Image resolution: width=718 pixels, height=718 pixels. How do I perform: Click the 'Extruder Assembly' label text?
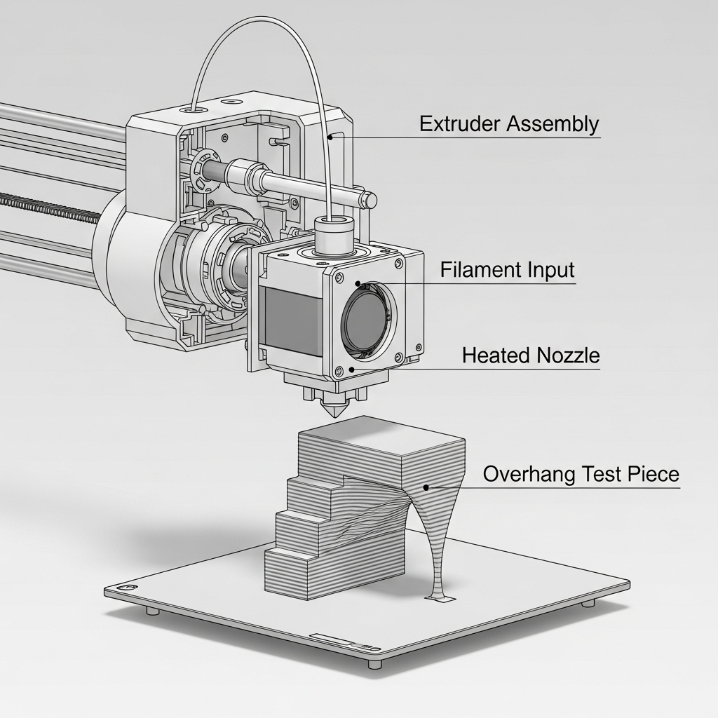pos(509,124)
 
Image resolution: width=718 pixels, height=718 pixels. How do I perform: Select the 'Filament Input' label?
pos(508,270)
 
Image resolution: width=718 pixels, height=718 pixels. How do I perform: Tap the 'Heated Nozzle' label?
pos(531,355)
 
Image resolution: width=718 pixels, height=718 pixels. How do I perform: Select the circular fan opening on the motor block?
pos(367,318)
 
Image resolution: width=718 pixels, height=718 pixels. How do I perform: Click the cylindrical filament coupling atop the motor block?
pos(334,235)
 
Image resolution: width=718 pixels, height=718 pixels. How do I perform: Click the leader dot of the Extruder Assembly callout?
pos(330,137)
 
